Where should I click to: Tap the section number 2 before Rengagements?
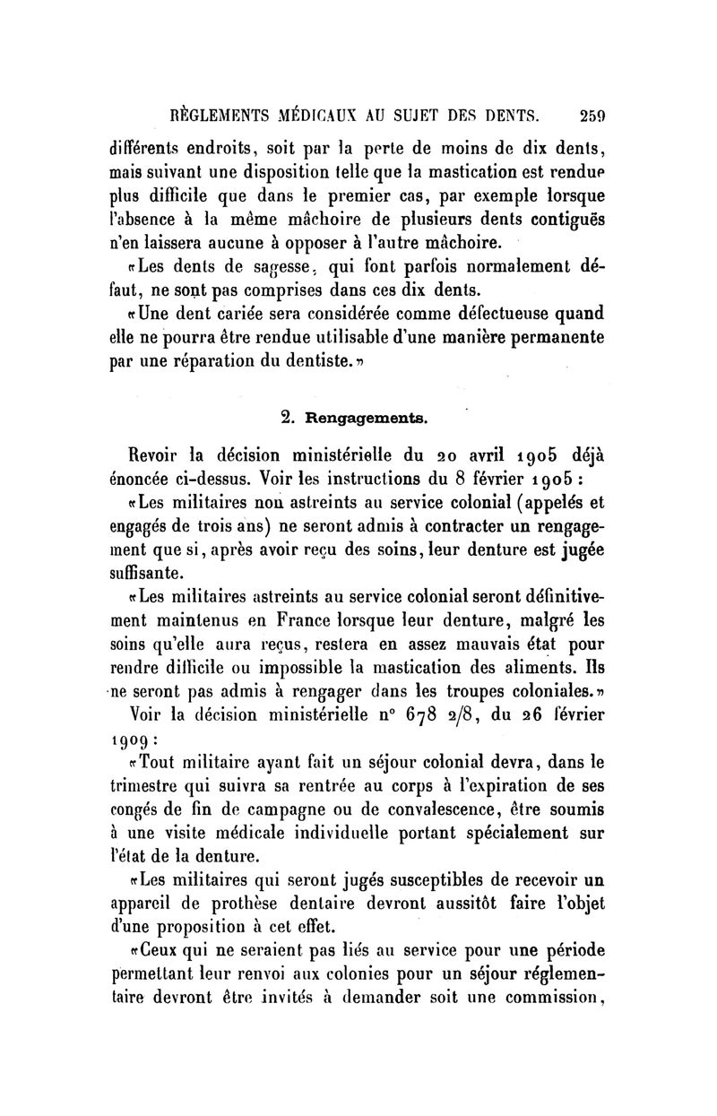[x=287, y=417]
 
